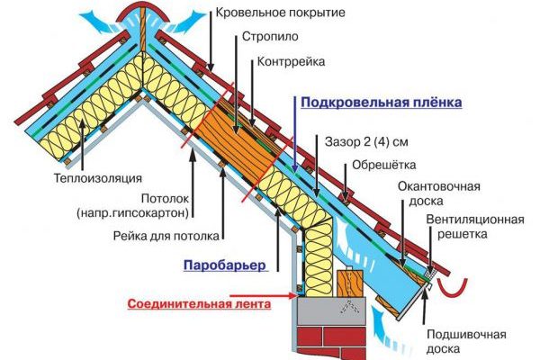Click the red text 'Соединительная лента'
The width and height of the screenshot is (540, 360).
pyautogui.click(x=199, y=304)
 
